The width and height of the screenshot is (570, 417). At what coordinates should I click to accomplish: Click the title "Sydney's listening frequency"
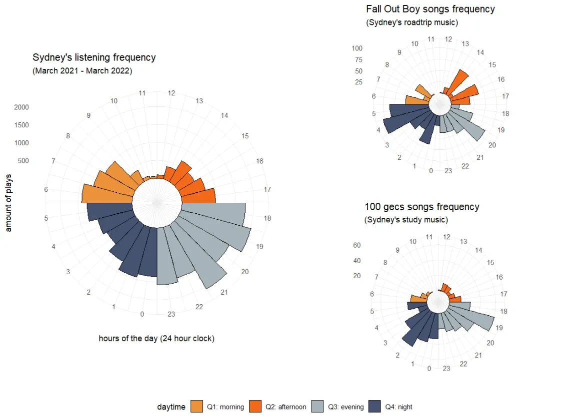click(94, 57)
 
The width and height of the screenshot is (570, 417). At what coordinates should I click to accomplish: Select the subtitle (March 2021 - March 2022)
click(82, 71)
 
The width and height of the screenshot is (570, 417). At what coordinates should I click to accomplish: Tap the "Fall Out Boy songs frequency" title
click(430, 9)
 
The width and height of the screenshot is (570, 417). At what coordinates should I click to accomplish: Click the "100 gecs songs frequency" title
click(421, 207)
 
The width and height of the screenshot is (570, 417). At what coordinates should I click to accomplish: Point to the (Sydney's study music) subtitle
click(406, 220)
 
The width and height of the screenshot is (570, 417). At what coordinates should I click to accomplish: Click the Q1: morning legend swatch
click(197, 407)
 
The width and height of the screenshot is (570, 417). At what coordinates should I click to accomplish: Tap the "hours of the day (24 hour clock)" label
click(156, 339)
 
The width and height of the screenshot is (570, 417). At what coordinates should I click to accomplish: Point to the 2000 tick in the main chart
click(21, 107)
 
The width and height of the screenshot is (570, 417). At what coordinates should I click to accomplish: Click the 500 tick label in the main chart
click(23, 161)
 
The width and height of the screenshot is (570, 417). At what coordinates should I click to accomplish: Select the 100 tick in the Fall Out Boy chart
click(357, 48)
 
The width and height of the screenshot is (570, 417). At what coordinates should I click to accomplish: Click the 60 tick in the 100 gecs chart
click(357, 245)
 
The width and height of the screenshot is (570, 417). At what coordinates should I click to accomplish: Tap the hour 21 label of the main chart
click(224, 292)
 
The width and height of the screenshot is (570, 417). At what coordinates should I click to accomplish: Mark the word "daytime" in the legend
click(171, 407)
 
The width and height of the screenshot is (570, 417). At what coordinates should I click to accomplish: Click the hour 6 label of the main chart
click(46, 190)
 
